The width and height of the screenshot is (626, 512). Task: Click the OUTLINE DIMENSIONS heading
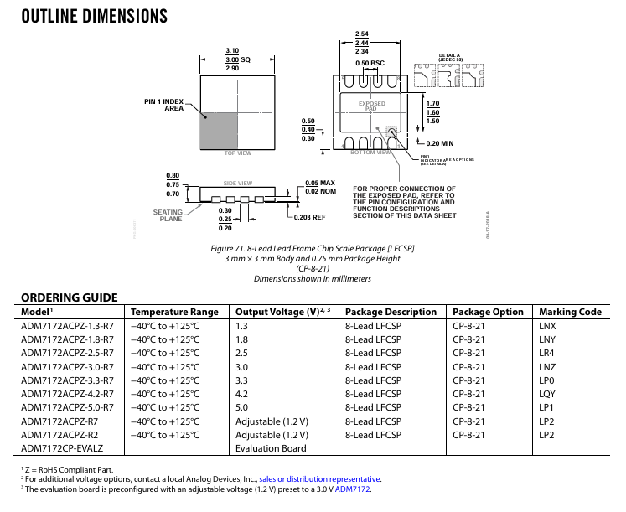coord(93,17)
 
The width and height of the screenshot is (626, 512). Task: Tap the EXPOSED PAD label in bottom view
coord(372,106)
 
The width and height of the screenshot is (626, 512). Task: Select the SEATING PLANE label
coord(168,215)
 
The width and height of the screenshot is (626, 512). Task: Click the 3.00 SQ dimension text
coord(237,59)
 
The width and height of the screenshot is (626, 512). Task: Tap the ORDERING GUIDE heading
coord(69,297)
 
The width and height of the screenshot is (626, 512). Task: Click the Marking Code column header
coord(570,312)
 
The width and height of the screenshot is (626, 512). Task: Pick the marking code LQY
coord(547,394)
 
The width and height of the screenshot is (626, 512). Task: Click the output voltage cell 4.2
coord(242,394)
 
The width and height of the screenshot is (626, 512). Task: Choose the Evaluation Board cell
coord(271,449)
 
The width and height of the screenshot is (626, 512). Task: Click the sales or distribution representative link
coord(320,479)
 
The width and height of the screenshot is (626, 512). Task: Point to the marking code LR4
coord(546,353)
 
